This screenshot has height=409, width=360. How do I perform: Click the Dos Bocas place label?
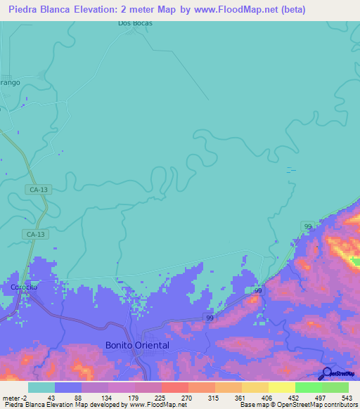(x=135, y=23)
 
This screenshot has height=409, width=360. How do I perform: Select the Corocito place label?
(x=23, y=287)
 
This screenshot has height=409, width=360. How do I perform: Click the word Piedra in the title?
(x=27, y=11)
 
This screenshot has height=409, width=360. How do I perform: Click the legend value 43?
(x=51, y=397)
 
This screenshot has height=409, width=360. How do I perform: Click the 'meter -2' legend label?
(x=14, y=397)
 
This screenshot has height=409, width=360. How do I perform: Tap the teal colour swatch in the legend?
(x=41, y=387)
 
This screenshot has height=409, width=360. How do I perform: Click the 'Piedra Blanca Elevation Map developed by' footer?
(x=63, y=405)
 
